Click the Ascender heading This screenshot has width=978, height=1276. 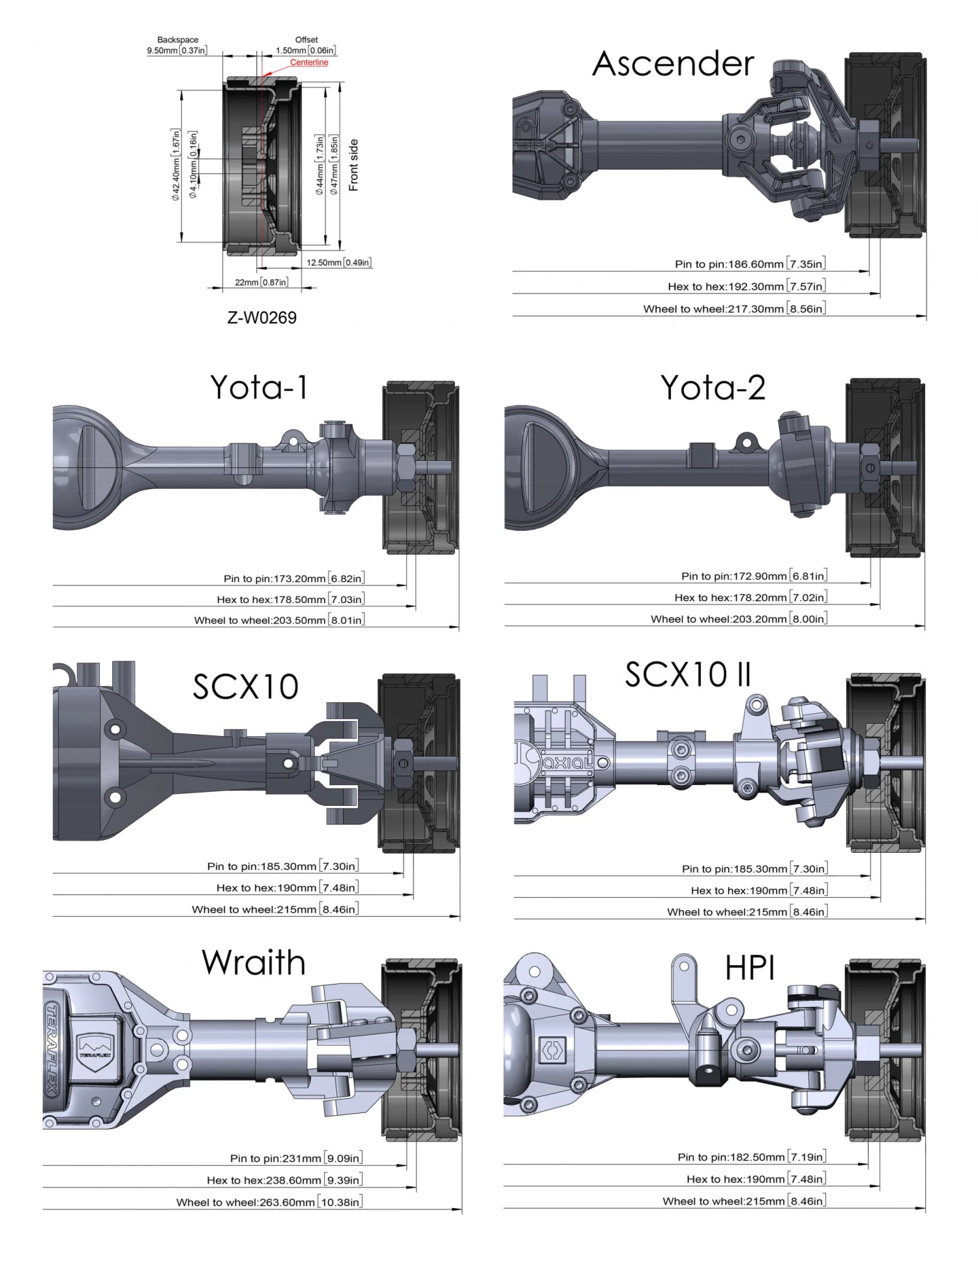673,64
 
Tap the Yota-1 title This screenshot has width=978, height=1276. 258,387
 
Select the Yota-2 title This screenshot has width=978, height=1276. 713,387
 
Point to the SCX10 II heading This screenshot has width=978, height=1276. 688,674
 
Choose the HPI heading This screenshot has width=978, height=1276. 750,969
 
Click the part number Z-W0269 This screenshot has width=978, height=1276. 261,318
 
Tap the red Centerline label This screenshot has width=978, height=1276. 309,63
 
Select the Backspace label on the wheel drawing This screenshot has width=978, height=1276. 177,40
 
